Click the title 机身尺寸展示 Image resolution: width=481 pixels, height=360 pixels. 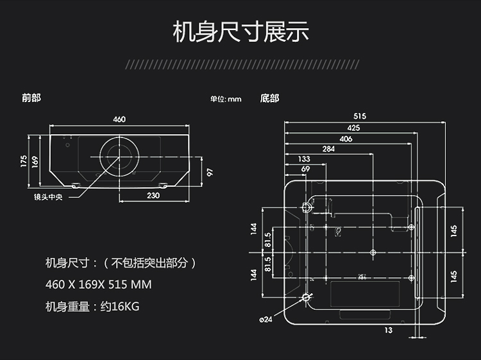click(240, 31)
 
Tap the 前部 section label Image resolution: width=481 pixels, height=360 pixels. click(31, 98)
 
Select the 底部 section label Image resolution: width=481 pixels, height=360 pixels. click(269, 99)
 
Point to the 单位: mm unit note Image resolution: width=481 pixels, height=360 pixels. click(225, 99)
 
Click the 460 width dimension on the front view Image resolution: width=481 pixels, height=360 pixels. click(119, 119)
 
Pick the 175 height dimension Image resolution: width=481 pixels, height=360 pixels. click(24, 160)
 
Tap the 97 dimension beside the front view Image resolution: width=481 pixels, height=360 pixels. click(209, 171)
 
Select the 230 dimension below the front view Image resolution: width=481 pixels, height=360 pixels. click(153, 196)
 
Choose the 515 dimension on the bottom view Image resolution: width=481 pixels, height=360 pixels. click(359, 116)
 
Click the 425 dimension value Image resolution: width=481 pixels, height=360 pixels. click(354, 128)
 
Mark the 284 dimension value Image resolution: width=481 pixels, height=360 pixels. click(328, 149)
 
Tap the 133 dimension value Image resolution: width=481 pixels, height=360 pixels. click(304, 159)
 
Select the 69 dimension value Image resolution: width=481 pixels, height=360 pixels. click(305, 169)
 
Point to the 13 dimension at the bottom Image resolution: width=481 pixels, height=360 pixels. click(389, 330)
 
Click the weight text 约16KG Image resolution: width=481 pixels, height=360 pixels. click(120, 306)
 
